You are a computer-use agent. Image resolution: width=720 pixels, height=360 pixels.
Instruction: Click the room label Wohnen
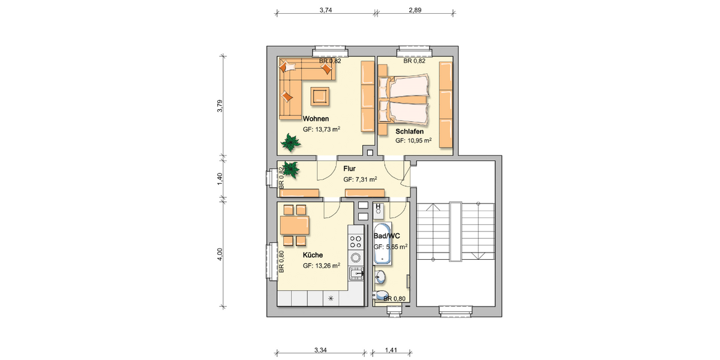click(x=316, y=119)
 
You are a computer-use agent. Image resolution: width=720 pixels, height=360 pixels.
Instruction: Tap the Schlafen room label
click(x=410, y=131)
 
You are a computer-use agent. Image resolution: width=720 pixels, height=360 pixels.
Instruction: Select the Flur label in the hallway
click(x=349, y=169)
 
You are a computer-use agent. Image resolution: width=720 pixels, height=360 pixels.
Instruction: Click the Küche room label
click(x=313, y=255)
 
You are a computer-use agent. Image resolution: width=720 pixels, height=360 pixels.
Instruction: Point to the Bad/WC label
click(x=386, y=236)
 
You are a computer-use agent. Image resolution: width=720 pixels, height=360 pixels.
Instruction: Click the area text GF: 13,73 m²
click(x=322, y=129)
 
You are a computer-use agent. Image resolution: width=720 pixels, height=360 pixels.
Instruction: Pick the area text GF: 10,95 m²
click(x=413, y=140)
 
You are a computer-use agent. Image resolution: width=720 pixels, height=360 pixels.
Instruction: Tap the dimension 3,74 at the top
click(x=326, y=10)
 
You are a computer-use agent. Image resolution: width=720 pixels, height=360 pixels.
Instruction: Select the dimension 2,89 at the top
click(x=415, y=10)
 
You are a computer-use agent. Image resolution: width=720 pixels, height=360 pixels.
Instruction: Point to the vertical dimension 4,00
click(x=220, y=254)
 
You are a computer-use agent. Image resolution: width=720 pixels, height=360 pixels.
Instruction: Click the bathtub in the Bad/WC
click(x=382, y=244)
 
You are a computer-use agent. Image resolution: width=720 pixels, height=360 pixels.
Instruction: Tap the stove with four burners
click(x=356, y=241)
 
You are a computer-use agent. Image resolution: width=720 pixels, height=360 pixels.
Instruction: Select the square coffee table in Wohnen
click(x=319, y=95)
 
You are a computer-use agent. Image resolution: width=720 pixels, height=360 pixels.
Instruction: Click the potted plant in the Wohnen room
click(x=292, y=142)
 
